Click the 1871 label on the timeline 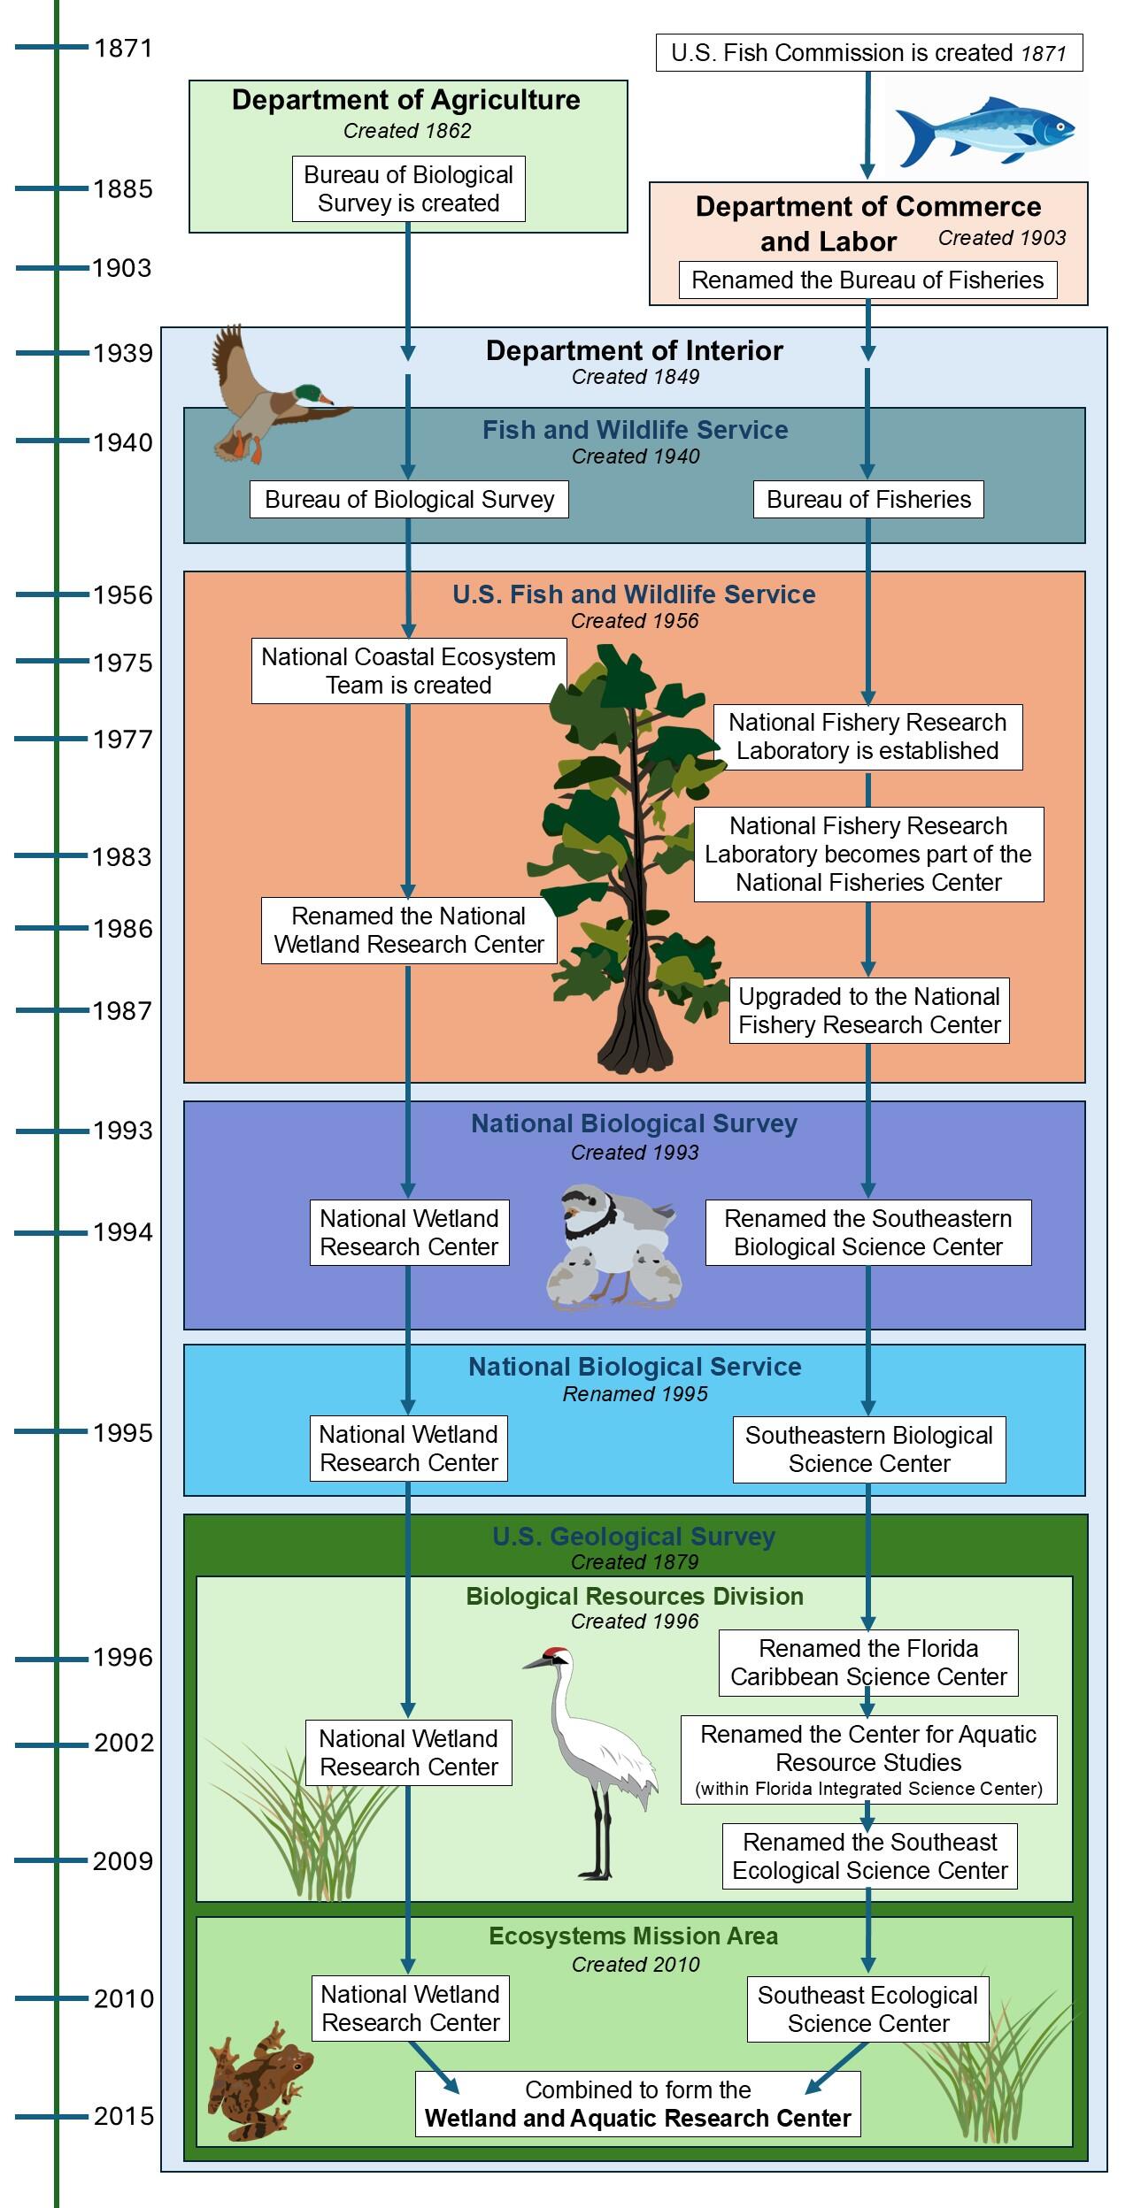point(123,48)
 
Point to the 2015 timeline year point(124,2115)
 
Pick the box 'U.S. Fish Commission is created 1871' point(868,53)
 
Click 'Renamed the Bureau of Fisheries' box point(867,280)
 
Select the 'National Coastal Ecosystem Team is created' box point(408,671)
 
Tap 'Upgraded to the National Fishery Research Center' point(869,1010)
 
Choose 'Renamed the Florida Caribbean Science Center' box point(868,1662)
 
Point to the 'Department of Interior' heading point(635,351)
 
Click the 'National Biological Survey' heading point(634,1123)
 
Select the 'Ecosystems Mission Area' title point(634,1936)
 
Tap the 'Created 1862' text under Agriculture point(407,131)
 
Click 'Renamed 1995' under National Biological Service point(635,1393)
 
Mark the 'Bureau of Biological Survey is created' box point(408,189)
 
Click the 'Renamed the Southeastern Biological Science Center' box point(867,1232)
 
